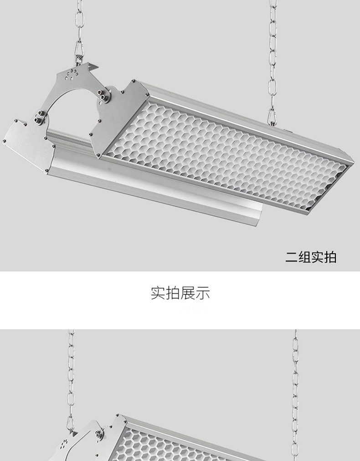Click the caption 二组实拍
coord(311,257)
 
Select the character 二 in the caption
coord(292,257)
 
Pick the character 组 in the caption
coord(304,257)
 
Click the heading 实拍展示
coord(180,293)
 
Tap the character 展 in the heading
coord(188,293)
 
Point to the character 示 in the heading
coord(203,293)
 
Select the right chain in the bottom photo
coord(295,388)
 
